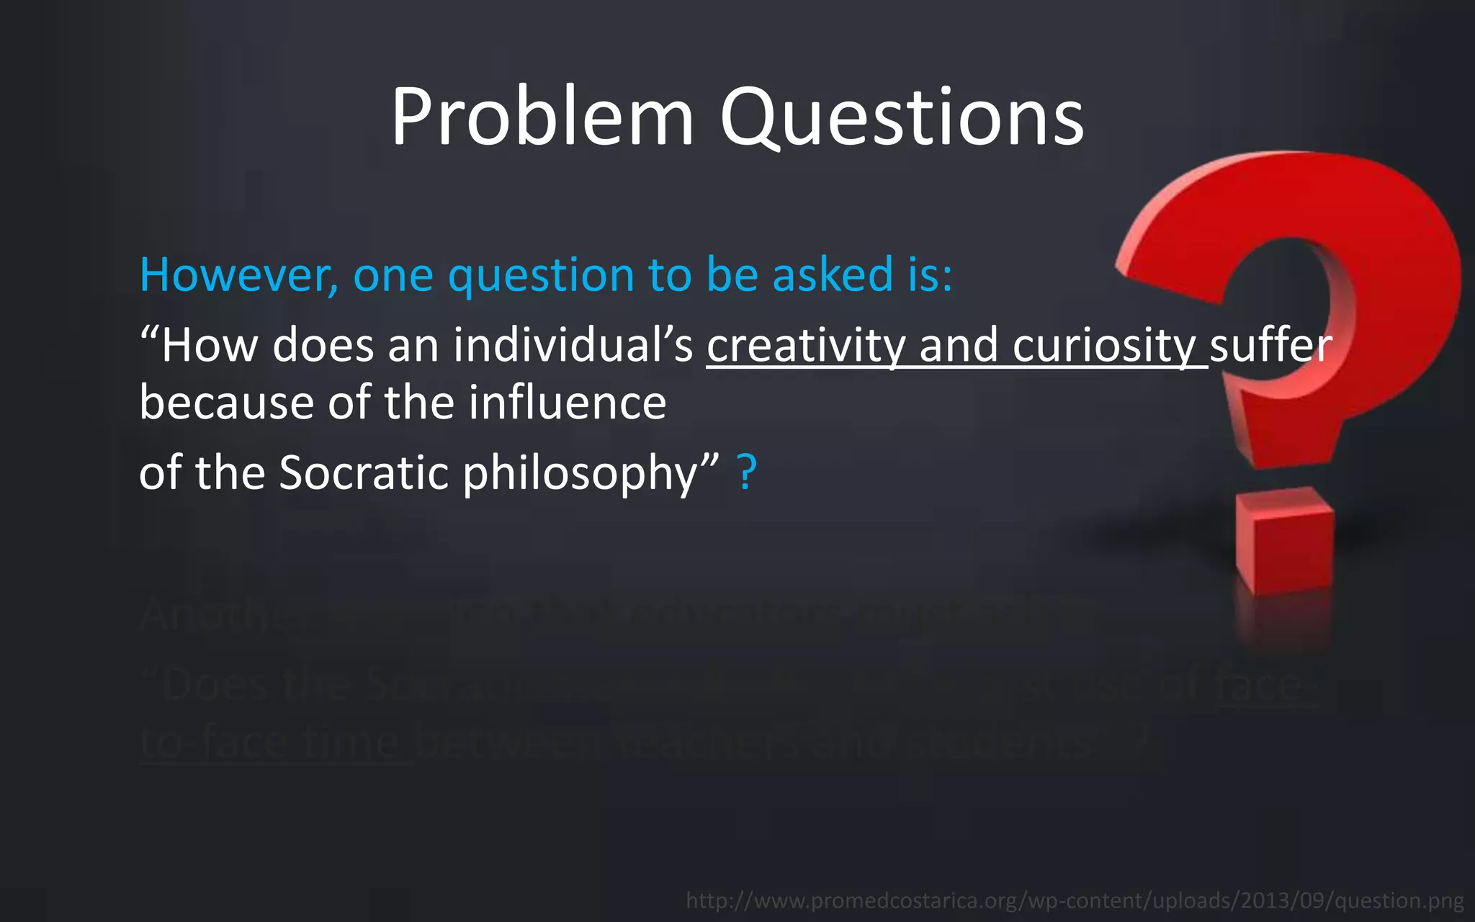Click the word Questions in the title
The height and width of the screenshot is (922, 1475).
(902, 117)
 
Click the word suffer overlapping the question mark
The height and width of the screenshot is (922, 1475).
(1270, 346)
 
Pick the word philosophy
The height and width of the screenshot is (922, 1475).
(580, 474)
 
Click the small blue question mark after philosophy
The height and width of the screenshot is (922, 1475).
(748, 473)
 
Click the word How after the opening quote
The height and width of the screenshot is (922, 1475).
(209, 346)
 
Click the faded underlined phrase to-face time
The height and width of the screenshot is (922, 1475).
(274, 742)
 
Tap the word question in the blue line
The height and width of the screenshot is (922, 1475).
(541, 277)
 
